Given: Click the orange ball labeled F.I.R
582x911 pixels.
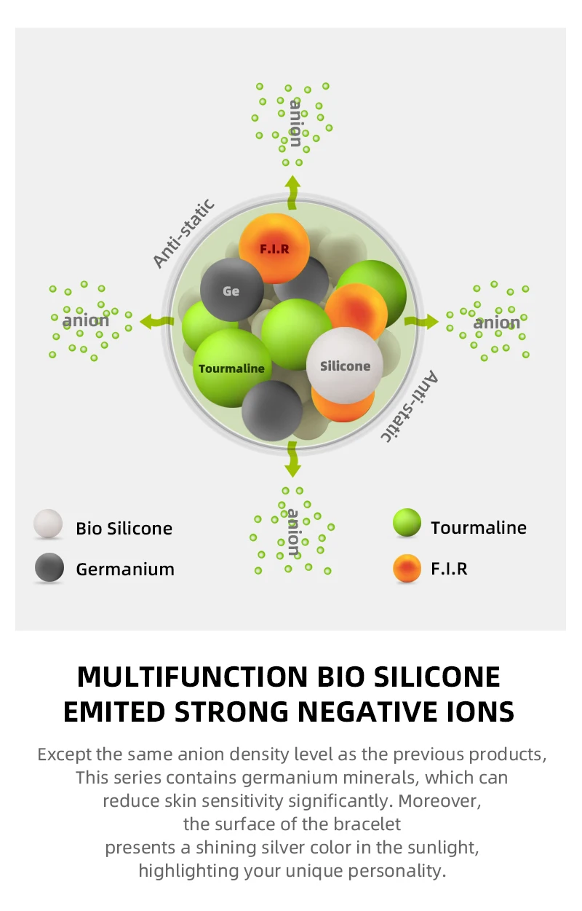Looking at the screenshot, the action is (x=274, y=248).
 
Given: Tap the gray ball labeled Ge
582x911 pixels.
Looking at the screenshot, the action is (x=231, y=291).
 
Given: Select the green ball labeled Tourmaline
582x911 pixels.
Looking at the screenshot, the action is (x=231, y=368).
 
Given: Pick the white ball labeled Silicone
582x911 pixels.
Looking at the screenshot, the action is (x=345, y=366).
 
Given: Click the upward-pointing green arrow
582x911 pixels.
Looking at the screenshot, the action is (x=292, y=190).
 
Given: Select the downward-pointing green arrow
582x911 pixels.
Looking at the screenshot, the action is (x=292, y=458).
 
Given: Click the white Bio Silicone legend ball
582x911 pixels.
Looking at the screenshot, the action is (x=48, y=524).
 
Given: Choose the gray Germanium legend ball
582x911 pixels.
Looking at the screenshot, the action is (x=49, y=567).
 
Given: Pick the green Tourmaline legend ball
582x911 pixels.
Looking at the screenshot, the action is (x=407, y=523).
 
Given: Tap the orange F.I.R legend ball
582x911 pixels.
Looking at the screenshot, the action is (x=407, y=567).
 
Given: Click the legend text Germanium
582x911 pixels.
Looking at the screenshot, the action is (x=125, y=569).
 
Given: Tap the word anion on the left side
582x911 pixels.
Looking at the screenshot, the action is (x=86, y=320).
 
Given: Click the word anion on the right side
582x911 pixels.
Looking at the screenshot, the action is (x=498, y=322).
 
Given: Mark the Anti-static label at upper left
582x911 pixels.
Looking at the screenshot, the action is (x=184, y=233).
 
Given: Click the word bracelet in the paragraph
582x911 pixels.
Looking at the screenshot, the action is (x=369, y=824).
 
